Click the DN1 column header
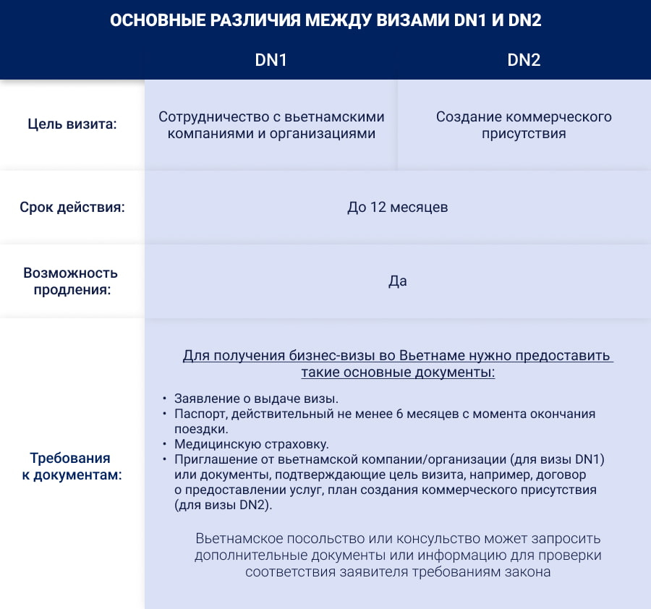tap(271, 61)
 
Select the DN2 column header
tap(524, 61)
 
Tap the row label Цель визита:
tap(72, 124)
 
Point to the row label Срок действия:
tap(72, 208)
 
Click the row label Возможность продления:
tap(71, 281)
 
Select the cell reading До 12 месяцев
tap(398, 208)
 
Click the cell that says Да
tap(398, 281)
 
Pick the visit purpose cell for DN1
tap(271, 125)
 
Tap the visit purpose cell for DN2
tap(524, 125)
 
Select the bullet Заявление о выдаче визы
tap(257, 399)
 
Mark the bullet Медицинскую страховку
tap(252, 443)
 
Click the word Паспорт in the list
tap(200, 414)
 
